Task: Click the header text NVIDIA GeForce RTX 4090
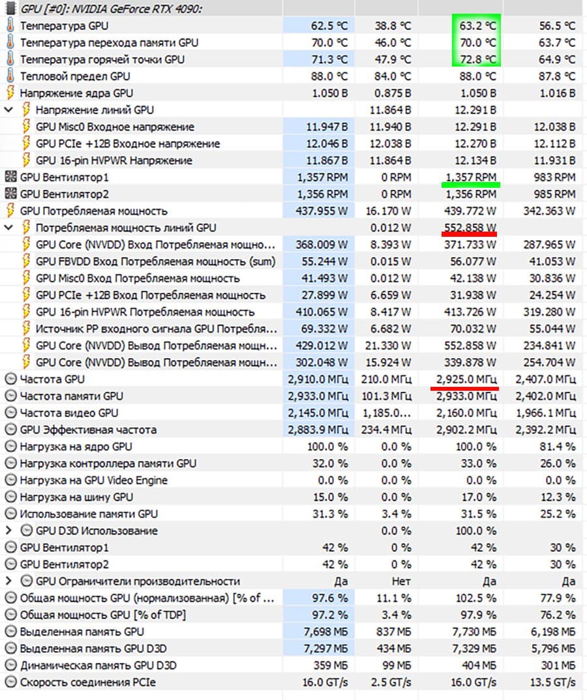(x=117, y=8)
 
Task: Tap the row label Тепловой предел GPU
(x=75, y=76)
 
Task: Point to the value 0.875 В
(x=389, y=93)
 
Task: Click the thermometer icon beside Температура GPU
(x=10, y=26)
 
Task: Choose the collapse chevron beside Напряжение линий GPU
(x=8, y=110)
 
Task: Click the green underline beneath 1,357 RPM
(x=470, y=185)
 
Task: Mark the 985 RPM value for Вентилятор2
(x=556, y=194)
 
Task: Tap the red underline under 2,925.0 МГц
(x=464, y=388)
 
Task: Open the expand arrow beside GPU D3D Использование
(x=8, y=531)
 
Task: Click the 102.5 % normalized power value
(x=476, y=598)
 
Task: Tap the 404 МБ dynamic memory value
(x=481, y=665)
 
